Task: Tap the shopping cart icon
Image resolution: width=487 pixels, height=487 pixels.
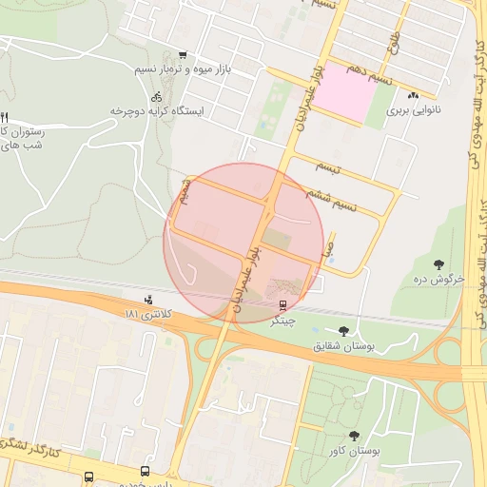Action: coord(183,54)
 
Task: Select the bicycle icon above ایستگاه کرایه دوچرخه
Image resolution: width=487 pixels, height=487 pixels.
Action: coord(156,96)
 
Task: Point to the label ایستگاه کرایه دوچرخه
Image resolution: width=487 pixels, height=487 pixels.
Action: coord(158,111)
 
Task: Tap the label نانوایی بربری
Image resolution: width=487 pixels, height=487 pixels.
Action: coord(409,110)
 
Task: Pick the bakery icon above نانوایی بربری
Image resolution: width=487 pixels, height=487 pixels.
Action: coord(413,95)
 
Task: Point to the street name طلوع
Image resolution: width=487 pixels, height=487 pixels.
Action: coord(393,42)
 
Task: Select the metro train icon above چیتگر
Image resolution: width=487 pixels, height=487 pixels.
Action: coord(282,306)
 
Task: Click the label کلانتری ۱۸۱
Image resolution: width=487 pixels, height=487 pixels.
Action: coord(152,313)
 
